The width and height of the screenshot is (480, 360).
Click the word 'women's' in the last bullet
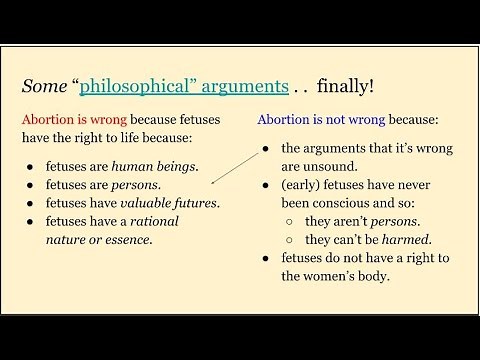[345, 277]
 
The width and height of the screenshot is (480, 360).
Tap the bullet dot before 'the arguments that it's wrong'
[264, 150]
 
